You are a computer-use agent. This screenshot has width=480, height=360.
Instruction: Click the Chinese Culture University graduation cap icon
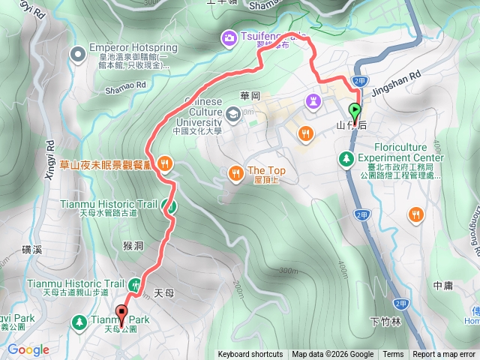(234, 113)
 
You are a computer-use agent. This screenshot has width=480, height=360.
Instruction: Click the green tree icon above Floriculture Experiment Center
(346, 158)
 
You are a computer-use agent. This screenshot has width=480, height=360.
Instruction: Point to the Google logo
(28, 349)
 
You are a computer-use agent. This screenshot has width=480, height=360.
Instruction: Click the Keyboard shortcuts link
(250, 355)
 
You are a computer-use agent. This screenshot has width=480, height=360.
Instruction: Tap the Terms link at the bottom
(393, 355)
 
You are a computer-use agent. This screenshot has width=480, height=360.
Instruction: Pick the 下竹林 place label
(386, 322)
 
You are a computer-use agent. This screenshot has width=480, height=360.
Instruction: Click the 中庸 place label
(442, 286)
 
